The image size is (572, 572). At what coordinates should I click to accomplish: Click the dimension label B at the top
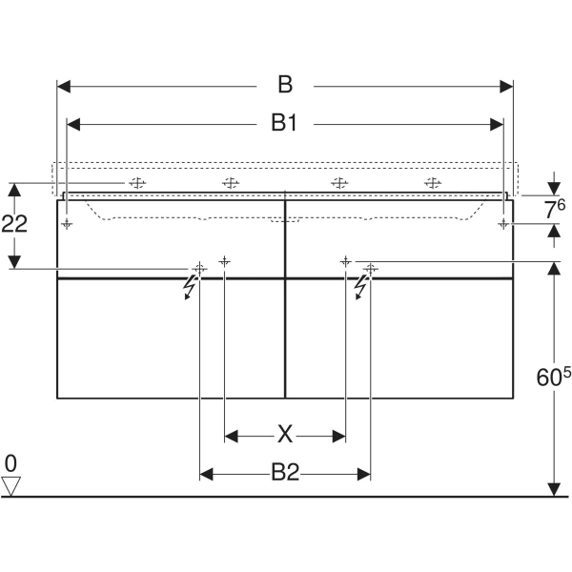pyautogui.click(x=285, y=85)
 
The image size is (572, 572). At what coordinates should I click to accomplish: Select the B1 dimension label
pyautogui.click(x=284, y=123)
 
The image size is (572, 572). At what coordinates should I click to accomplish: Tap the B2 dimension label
pyautogui.click(x=285, y=473)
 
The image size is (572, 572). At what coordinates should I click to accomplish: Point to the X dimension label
pyautogui.click(x=285, y=434)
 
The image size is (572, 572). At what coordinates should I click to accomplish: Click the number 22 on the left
pyautogui.click(x=14, y=224)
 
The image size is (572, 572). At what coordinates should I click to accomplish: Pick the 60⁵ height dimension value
pyautogui.click(x=553, y=377)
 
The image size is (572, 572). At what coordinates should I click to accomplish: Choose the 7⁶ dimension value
pyautogui.click(x=555, y=209)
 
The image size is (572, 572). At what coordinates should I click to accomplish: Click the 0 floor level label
pyautogui.click(x=10, y=463)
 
